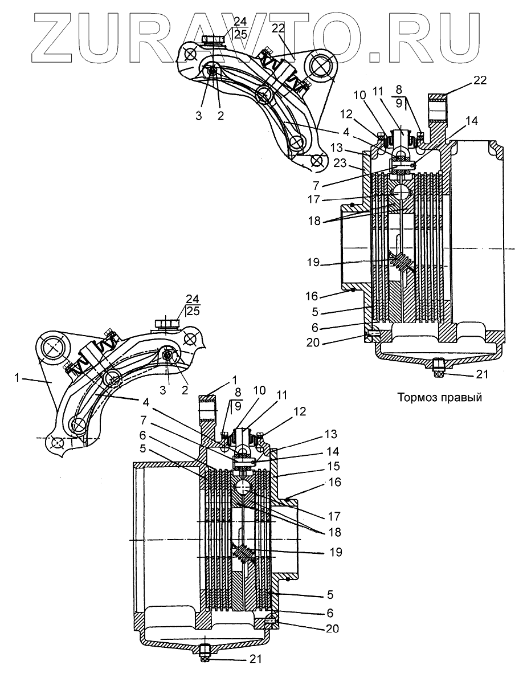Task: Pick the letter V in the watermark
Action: pyautogui.click(x=247, y=35)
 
